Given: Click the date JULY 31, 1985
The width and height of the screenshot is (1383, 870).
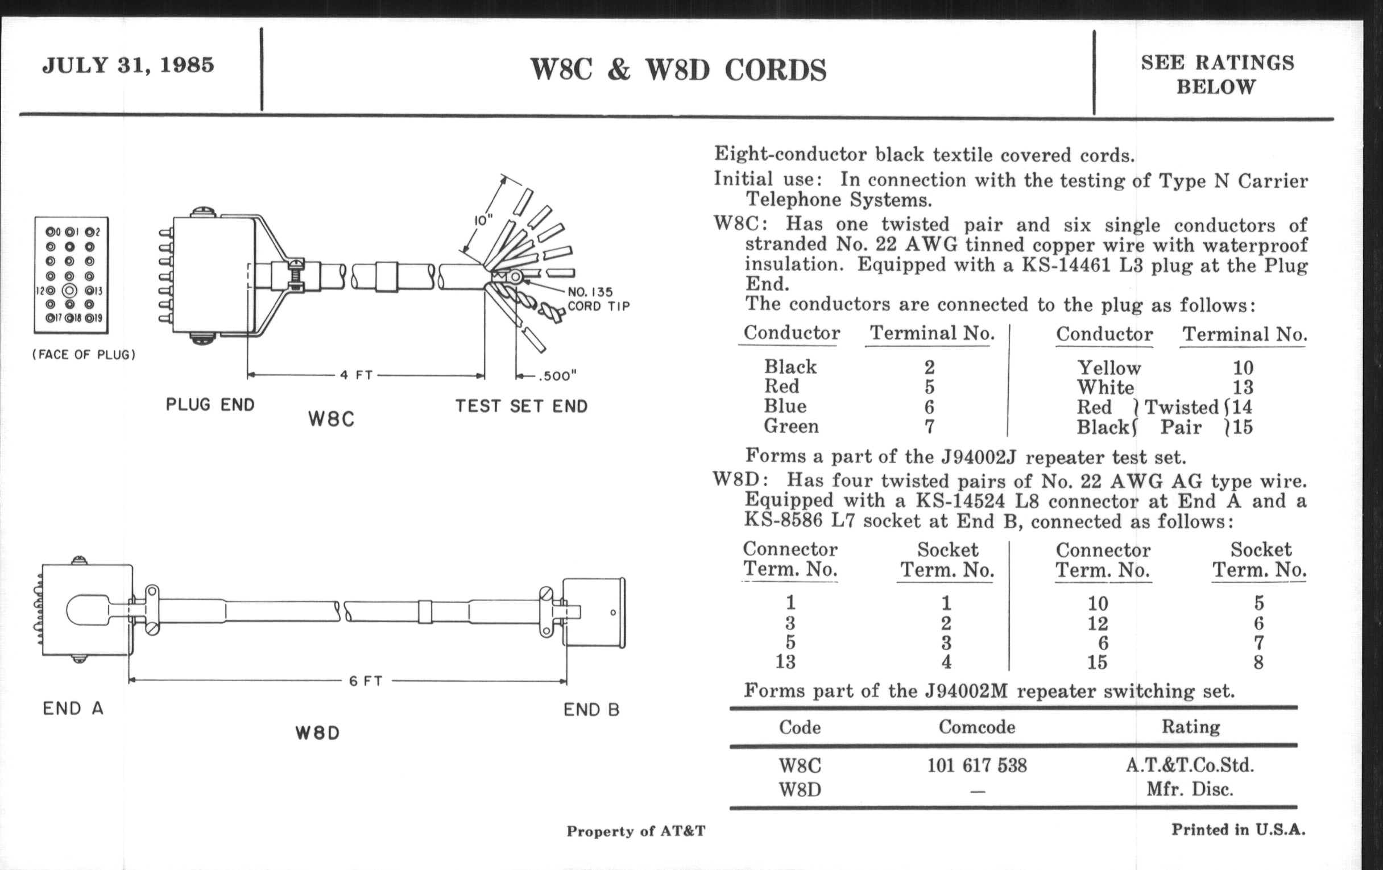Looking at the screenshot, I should (x=128, y=65).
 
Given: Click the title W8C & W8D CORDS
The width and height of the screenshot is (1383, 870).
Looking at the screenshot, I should (x=678, y=70).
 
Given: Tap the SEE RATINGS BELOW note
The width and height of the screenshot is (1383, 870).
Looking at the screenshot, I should (x=1217, y=74).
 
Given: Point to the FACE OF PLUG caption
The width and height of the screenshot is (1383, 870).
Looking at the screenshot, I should (x=84, y=355).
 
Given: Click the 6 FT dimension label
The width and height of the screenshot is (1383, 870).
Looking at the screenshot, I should (x=366, y=682).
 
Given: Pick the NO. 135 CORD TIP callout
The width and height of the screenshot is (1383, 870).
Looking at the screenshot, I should (x=598, y=299).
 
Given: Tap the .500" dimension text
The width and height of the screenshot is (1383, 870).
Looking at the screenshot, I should (x=557, y=376).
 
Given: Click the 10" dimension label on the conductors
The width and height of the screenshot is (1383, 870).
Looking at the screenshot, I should (x=483, y=220).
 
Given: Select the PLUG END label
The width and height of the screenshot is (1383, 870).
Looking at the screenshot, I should (x=210, y=405).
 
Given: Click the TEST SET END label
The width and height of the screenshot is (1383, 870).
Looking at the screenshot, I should (x=521, y=407).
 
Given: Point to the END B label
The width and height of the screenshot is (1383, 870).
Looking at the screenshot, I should (x=591, y=710).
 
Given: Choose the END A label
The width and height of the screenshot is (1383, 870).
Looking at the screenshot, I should (x=73, y=709).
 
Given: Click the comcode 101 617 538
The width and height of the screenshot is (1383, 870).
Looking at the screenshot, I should (x=977, y=765).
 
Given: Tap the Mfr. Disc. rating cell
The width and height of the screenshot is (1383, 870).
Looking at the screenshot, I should (x=1190, y=790).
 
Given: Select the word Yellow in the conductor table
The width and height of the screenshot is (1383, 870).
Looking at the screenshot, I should (x=1108, y=368).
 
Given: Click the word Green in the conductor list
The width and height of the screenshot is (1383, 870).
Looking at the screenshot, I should (x=791, y=426).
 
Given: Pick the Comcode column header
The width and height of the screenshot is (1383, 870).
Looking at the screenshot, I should (x=976, y=728).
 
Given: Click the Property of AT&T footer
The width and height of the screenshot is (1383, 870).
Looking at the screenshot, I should (x=636, y=831).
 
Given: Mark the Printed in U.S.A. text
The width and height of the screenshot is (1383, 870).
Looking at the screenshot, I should (x=1238, y=830).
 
